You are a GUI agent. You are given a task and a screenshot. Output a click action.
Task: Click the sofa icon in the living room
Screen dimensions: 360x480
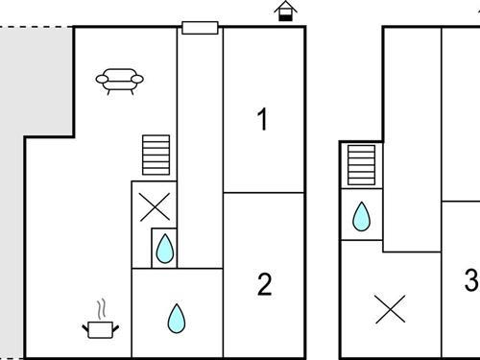[x=120, y=82]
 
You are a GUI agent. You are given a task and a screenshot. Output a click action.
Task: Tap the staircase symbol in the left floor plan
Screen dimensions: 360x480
[x=156, y=155]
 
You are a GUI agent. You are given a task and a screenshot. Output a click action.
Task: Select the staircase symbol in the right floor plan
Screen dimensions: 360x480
[x=361, y=165]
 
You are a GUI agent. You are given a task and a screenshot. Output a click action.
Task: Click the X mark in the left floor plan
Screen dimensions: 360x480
[x=154, y=205]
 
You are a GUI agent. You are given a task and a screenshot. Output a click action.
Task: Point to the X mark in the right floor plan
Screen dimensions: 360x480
[x=389, y=309]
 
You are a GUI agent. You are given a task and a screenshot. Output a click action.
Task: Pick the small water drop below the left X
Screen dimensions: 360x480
[x=165, y=250]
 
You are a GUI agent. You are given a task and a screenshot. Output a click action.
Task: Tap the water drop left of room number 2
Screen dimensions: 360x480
[x=177, y=317]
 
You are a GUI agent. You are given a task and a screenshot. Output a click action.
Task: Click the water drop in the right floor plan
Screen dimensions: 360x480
[x=362, y=217]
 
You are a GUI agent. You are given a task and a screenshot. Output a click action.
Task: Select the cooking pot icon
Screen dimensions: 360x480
[x=100, y=328]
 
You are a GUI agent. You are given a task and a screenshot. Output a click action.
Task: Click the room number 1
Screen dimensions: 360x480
[x=262, y=120]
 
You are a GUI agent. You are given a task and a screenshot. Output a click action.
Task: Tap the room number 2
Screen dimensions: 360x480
[x=264, y=284]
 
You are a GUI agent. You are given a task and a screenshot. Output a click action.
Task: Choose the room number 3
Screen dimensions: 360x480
[x=470, y=280]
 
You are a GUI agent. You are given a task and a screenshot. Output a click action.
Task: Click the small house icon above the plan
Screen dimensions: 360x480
[x=285, y=12]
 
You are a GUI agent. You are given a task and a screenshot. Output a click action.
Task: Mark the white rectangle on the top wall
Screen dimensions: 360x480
[x=201, y=27]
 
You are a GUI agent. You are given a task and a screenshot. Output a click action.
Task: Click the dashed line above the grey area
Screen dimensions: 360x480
[x=35, y=27]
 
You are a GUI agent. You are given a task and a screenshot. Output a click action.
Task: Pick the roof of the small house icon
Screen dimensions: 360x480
[x=285, y=6]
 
